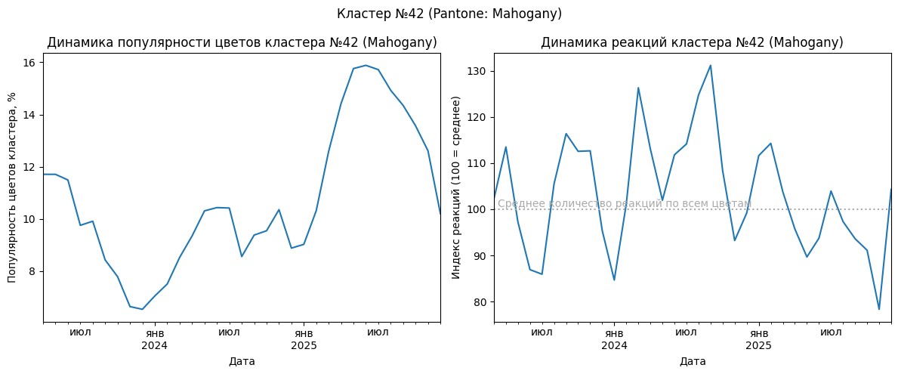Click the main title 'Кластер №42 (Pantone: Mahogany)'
(x=449, y=14)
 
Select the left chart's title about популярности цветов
(x=242, y=42)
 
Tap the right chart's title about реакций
(x=692, y=42)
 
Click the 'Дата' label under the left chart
(x=242, y=361)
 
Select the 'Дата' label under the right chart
(x=692, y=361)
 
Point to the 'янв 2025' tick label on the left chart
(x=303, y=338)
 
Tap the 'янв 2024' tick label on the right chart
(x=614, y=338)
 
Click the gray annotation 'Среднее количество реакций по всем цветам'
(x=624, y=204)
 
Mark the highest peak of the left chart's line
(x=366, y=65)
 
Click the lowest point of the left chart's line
(x=142, y=309)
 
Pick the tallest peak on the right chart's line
(x=711, y=65)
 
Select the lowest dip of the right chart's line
(x=879, y=309)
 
